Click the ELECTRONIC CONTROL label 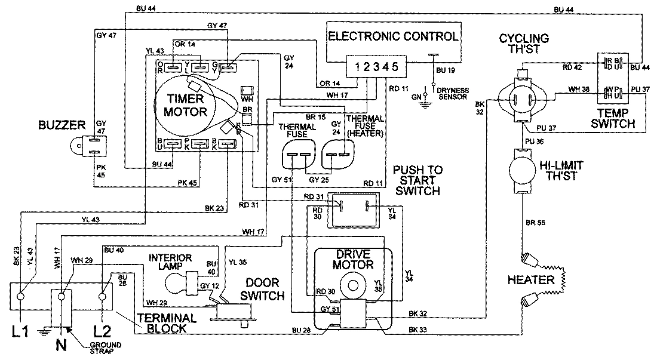pos(394,36)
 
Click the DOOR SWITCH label pos(260,291)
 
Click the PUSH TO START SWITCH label pos(417,181)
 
